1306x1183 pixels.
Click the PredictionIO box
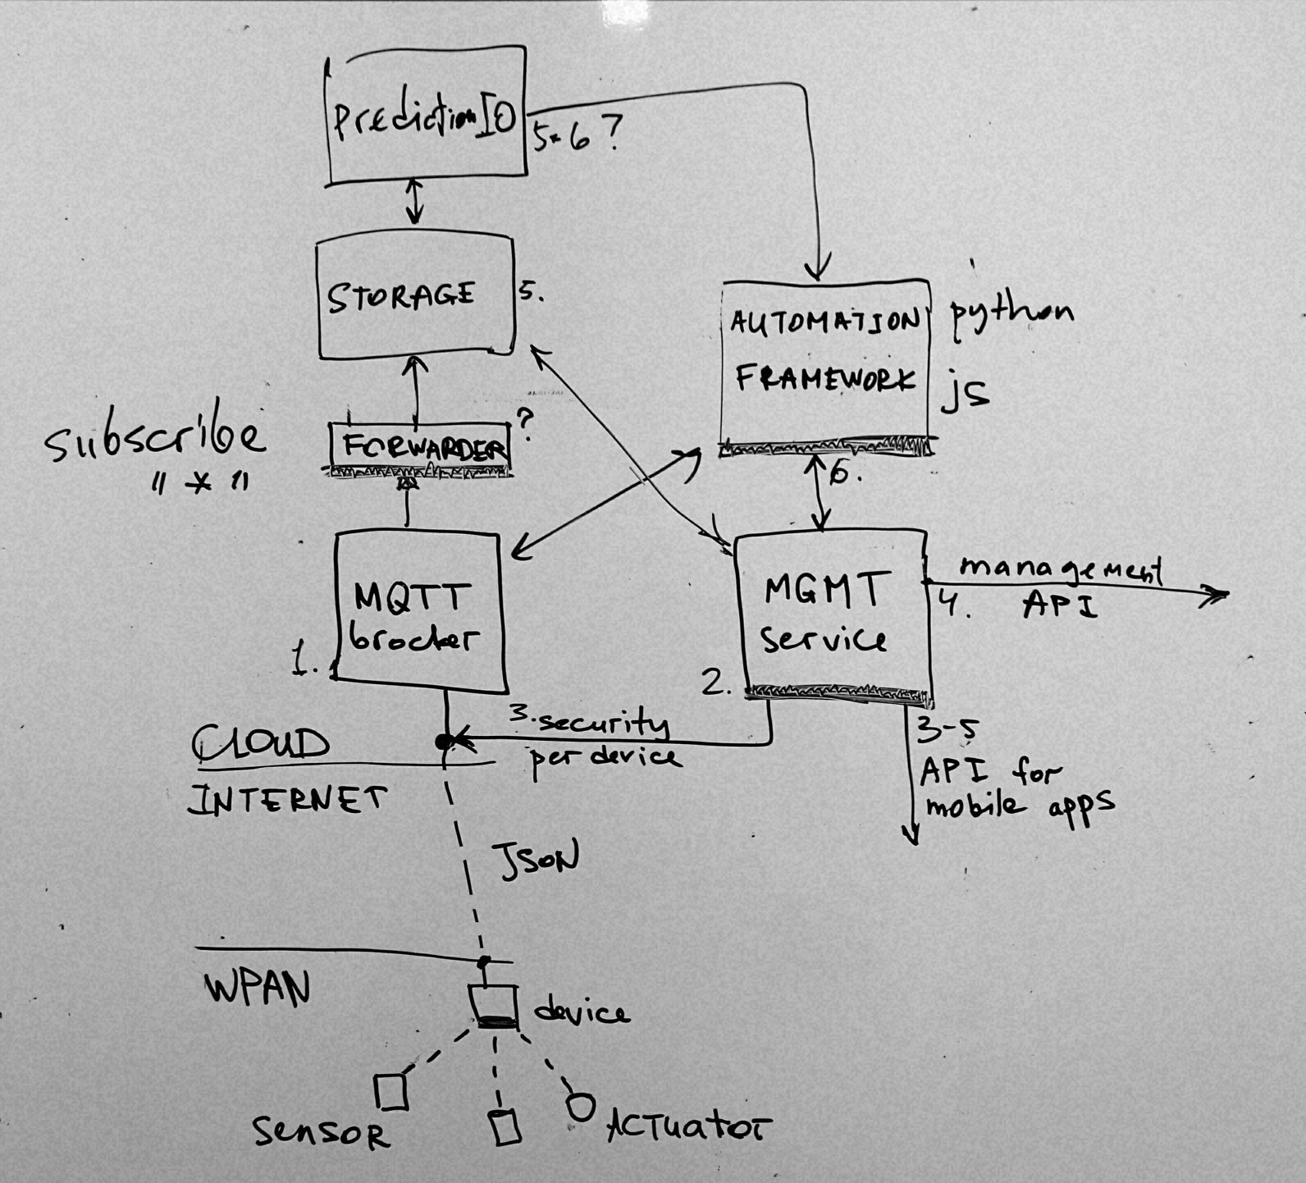426,116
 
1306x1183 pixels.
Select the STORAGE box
415,297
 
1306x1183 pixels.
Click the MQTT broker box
418,607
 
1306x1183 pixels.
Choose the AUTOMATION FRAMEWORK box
825,361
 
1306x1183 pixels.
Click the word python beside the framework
1011,314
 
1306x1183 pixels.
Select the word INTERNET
287,799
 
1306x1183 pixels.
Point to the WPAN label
257,989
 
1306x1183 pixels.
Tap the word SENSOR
320,1134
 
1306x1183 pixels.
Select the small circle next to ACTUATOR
580,1107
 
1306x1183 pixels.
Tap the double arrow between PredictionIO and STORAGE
415,203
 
